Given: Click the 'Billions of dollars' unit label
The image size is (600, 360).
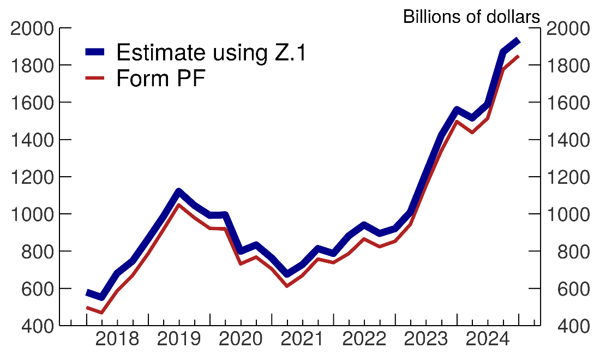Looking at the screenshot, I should coord(471,17).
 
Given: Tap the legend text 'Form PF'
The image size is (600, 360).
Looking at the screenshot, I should coord(161,79).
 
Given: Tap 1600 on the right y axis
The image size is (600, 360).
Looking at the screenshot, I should coord(569,103).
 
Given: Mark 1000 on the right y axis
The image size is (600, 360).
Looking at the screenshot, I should coord(569,214).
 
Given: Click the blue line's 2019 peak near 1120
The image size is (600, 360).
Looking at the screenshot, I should coord(178,191).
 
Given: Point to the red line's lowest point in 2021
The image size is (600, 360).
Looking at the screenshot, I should coord(287,285).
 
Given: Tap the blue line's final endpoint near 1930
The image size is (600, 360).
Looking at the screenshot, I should coord(518,41).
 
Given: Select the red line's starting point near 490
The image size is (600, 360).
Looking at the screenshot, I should coord(87,308).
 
